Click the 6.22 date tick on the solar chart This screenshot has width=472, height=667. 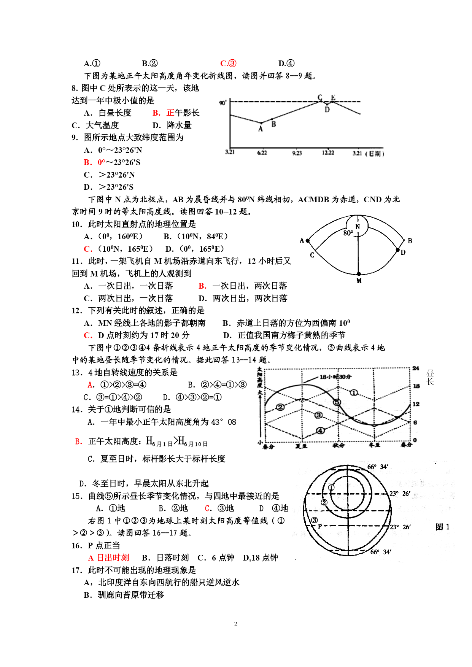(262, 153)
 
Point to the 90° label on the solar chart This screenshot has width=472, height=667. (223, 103)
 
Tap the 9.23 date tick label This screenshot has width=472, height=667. (297, 153)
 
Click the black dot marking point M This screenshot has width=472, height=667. (359, 274)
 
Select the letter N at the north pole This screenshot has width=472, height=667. (358, 227)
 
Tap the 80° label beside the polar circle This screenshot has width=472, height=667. (348, 233)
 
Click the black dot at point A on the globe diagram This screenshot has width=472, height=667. (308, 241)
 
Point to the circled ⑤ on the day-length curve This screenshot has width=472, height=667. (337, 402)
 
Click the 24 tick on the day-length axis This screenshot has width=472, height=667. (416, 368)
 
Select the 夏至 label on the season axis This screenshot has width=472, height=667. (301, 446)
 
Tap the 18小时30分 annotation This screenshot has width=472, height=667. (335, 377)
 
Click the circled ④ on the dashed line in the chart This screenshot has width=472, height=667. (321, 430)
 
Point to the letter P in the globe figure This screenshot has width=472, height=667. (320, 526)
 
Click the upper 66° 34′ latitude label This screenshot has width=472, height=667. (378, 467)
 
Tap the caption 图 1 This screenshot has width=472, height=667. (442, 527)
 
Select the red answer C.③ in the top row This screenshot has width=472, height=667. (228, 64)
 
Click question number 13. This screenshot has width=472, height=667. (77, 373)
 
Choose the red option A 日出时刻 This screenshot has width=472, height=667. (109, 558)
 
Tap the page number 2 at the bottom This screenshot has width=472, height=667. (236, 624)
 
